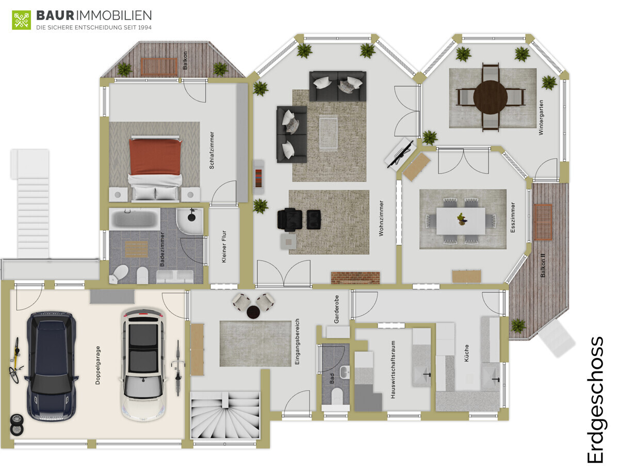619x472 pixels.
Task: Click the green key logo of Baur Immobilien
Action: (x=22, y=20)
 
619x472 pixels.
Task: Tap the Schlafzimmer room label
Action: (x=211, y=150)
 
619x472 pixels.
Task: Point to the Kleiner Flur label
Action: (x=224, y=247)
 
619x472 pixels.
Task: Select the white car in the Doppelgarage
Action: (x=143, y=365)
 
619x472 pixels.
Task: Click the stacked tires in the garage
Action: (x=17, y=425)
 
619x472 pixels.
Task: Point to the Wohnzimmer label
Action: (x=381, y=218)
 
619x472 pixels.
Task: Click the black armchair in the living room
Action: (x=289, y=220)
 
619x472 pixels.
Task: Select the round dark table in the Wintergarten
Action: (x=490, y=97)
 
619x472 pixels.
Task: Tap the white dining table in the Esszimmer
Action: (x=461, y=221)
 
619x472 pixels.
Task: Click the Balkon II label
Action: (x=543, y=265)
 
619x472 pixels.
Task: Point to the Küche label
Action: (x=466, y=353)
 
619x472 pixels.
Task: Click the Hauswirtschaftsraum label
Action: (x=393, y=369)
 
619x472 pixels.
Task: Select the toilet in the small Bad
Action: (x=336, y=395)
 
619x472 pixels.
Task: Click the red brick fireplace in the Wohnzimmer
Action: (x=355, y=278)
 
